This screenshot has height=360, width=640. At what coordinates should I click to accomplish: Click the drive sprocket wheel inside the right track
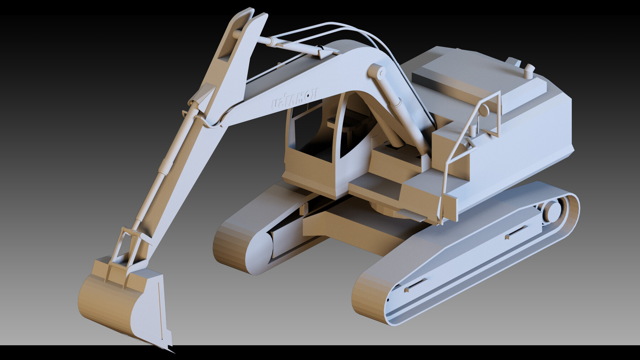(552, 211)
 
